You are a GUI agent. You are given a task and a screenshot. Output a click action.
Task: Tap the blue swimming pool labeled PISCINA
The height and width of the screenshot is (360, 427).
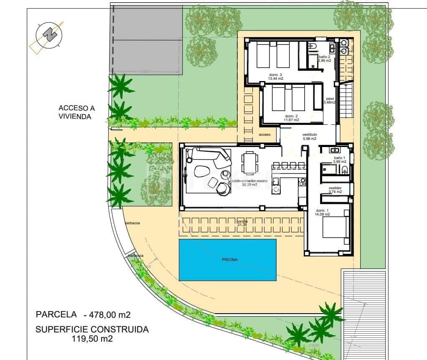[227, 259]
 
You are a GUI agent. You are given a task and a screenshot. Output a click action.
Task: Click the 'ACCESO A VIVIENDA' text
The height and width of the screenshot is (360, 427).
[75, 113]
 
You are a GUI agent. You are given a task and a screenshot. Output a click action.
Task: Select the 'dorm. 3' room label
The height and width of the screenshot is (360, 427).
[275, 75]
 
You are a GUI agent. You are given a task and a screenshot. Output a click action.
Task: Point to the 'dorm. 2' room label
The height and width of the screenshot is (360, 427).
[292, 116]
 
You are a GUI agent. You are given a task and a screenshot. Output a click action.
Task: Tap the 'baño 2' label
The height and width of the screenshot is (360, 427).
[325, 56]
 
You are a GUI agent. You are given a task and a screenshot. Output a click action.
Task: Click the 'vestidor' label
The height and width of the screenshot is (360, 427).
[335, 188]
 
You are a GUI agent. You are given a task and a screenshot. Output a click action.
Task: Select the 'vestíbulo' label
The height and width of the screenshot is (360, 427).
[309, 134]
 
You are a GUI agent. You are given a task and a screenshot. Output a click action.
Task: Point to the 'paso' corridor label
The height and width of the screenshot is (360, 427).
[330, 99]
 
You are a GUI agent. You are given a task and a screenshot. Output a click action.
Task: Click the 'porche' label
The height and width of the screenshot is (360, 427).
[242, 221]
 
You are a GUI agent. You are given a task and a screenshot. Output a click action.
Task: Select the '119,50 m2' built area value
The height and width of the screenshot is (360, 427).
[91, 339]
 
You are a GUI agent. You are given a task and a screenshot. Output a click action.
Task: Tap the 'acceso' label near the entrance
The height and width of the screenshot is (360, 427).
[264, 134]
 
